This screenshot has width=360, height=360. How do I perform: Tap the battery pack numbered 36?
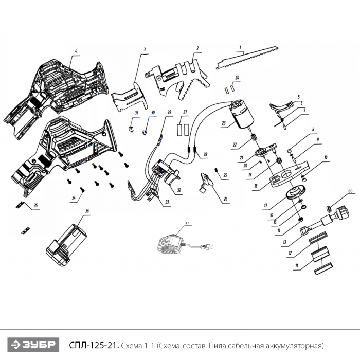point(66,245)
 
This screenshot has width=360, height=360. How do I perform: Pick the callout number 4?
point(76,51)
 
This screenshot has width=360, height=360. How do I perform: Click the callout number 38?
point(350,191)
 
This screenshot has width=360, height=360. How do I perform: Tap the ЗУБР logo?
point(33,345)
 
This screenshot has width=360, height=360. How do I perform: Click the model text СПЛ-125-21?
point(94,345)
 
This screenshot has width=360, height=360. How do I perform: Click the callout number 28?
point(205,154)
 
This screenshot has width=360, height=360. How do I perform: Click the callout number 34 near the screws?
point(74,197)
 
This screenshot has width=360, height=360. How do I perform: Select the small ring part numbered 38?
point(330,209)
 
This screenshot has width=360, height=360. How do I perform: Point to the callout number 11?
point(297,266)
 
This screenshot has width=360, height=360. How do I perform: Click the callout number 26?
point(225,199)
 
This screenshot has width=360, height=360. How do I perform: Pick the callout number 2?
point(197,48)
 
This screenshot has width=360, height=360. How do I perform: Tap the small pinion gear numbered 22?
point(254,138)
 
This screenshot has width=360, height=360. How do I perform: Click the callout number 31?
point(137,113)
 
